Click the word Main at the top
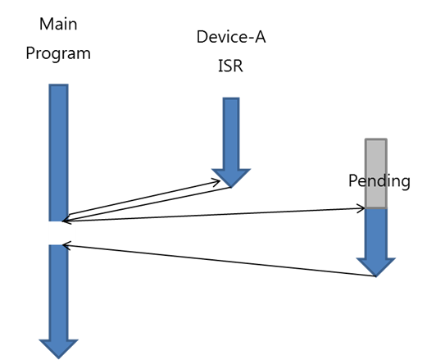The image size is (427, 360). [58, 24]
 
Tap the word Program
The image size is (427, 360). [58, 53]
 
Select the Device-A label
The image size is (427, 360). [231, 37]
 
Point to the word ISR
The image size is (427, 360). [230, 66]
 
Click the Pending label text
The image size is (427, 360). [379, 181]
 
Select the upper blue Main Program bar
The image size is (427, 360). [58, 153]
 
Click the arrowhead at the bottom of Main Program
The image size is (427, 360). [58, 349]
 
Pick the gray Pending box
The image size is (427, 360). [376, 174]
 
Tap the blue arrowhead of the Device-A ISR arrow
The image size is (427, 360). [231, 178]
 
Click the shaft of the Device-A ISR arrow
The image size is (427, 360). [231, 133]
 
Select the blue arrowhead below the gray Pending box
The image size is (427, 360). [376, 267]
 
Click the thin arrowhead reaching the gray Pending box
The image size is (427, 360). [361, 208]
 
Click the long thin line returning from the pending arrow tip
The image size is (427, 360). [220, 261]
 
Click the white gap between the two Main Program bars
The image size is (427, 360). [58, 233]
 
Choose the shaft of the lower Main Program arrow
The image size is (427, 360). [58, 292]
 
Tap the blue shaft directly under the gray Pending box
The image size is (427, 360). [376, 233]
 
